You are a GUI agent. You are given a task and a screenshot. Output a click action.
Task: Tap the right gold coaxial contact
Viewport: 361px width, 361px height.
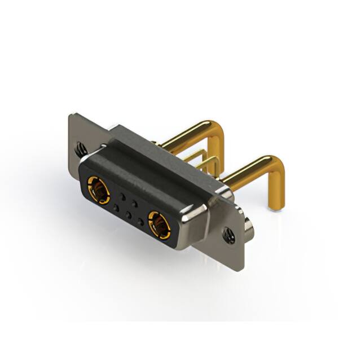(x=160, y=224)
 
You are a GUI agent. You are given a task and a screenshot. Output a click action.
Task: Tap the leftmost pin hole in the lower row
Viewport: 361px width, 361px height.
(x=116, y=207)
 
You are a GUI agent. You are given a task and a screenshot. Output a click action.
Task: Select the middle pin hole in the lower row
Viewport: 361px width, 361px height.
(x=128, y=215)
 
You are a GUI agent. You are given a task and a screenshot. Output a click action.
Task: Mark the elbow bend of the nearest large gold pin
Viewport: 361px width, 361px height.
(x=277, y=167)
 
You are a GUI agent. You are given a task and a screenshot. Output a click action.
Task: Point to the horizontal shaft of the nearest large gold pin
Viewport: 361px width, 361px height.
(x=248, y=173)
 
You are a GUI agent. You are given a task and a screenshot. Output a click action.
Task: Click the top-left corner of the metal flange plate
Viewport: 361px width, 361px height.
(x=71, y=116)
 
